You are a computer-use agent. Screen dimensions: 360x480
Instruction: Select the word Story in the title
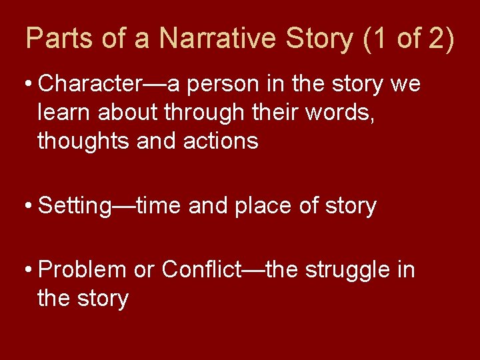click(x=321, y=39)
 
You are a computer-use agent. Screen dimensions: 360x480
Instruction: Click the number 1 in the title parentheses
click(x=379, y=39)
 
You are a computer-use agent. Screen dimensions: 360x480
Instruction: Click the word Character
click(x=88, y=85)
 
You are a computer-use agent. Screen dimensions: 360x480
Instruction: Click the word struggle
click(x=346, y=270)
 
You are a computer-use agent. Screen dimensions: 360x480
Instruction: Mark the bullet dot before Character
click(x=29, y=85)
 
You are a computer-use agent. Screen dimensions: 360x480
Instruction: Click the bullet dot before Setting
click(x=29, y=206)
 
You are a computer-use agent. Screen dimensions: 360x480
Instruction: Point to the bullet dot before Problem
click(x=29, y=271)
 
